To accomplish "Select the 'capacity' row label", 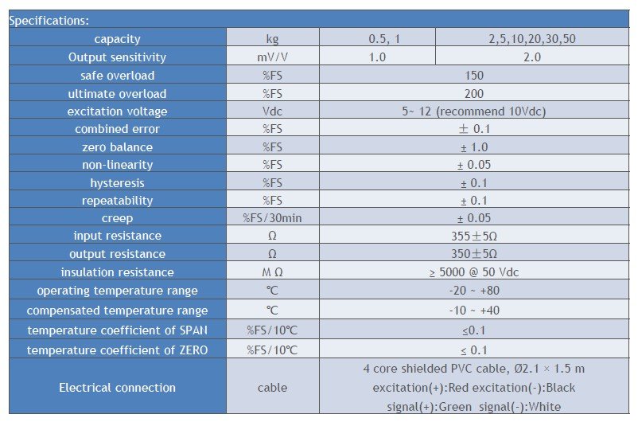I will pos(117,39).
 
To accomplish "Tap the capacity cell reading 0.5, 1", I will pos(377,39).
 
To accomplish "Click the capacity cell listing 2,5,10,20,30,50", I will pos(531,39).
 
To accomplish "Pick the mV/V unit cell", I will pos(272,57).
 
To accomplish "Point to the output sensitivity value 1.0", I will pos(377,57).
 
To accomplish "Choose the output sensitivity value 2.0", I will pos(531,57).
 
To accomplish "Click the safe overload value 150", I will pos(473,76).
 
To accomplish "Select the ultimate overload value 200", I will pos(473,93).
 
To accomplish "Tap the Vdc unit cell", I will pos(272,111).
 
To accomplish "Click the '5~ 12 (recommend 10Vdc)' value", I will pos(473,111).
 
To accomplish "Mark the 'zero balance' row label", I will pos(117,147).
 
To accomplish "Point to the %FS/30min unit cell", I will pos(272,218).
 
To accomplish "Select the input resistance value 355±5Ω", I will pos(473,236).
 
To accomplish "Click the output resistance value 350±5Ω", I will pos(473,254).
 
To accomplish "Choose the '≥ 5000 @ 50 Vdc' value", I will pos(473,272).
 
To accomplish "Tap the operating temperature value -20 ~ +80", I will pos(473,291).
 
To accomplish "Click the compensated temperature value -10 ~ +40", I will pos(473,311).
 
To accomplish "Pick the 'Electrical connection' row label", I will pos(117,388).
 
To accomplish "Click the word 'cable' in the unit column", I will pos(272,388).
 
